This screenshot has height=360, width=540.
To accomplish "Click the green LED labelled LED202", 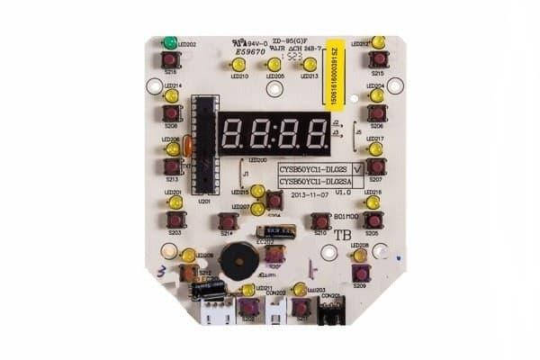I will tap(169, 42).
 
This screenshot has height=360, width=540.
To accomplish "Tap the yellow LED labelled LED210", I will tap(238, 65).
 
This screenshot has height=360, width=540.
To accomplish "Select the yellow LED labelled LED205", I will tap(274, 65).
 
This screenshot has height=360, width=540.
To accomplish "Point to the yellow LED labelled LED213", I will tap(310, 65).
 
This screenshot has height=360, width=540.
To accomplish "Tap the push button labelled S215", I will tap(378, 59).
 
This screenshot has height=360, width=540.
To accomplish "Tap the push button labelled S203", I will tap(175, 219).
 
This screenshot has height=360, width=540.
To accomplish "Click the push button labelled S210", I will tap(319, 220).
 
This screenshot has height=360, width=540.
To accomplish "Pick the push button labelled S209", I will tap(360, 273).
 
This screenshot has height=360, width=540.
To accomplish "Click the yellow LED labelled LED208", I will tap(360, 256).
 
